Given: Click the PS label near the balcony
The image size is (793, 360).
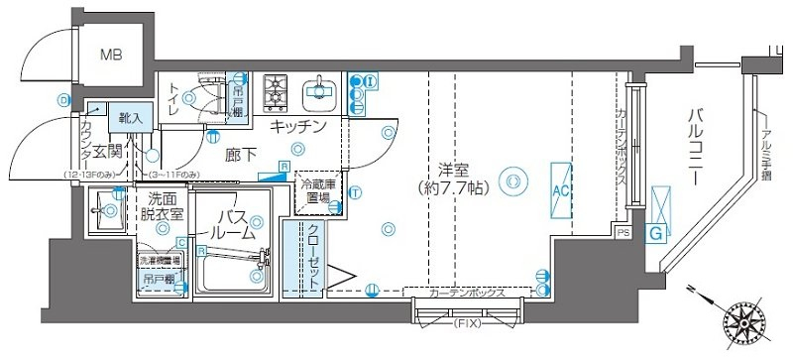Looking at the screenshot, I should (623, 233).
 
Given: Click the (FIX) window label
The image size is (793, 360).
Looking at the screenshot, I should (466, 324).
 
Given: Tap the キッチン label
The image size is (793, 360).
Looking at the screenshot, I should (298, 126).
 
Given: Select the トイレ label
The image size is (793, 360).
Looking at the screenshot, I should (173, 100).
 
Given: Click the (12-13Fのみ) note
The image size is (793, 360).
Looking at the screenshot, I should (92, 176).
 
